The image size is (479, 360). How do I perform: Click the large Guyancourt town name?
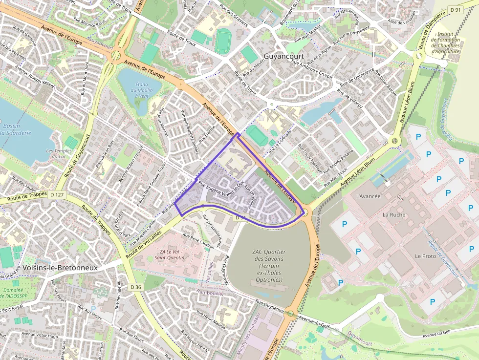click(x=283, y=56)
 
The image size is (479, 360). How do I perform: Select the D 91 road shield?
click(x=456, y=9)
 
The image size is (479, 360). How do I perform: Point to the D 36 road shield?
click(x=136, y=287)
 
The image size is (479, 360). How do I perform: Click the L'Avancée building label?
click(x=369, y=196)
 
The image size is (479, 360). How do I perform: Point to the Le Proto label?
click(x=425, y=256)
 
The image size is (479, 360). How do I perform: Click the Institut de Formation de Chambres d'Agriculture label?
click(x=446, y=42)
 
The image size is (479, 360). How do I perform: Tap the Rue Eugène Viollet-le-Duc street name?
click(x=221, y=185)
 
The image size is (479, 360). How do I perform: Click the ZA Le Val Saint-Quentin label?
click(x=169, y=254)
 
